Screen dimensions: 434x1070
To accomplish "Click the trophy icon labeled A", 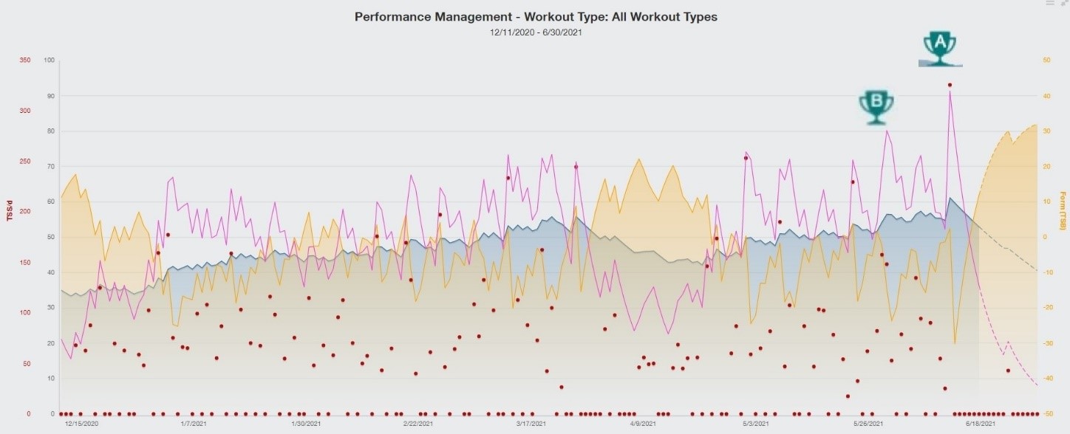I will [x=940, y=49].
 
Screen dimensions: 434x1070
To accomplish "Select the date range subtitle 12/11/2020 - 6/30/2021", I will [x=536, y=32].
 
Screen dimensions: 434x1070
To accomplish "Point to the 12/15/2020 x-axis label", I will [x=81, y=424].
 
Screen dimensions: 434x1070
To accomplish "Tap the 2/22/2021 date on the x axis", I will [x=419, y=424].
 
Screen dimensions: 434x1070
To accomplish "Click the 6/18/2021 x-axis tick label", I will [x=981, y=424].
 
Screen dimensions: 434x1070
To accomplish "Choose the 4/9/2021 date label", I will [x=644, y=424].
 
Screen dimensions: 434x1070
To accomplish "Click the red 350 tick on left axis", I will [x=25, y=60].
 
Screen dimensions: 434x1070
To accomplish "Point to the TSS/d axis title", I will [x=10, y=207].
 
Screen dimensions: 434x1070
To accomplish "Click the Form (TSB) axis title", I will [x=1062, y=211].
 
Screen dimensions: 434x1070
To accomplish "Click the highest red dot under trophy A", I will [x=950, y=85].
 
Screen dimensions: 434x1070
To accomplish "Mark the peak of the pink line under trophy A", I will [x=950, y=89].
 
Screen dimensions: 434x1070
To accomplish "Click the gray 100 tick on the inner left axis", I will [x=50, y=60].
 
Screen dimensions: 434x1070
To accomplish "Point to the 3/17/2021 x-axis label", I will [x=531, y=424].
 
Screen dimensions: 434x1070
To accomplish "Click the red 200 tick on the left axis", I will [x=25, y=212].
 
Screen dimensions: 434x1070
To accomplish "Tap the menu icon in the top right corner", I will [x=1049, y=4].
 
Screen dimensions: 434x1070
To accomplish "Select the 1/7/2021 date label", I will [x=194, y=424].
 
